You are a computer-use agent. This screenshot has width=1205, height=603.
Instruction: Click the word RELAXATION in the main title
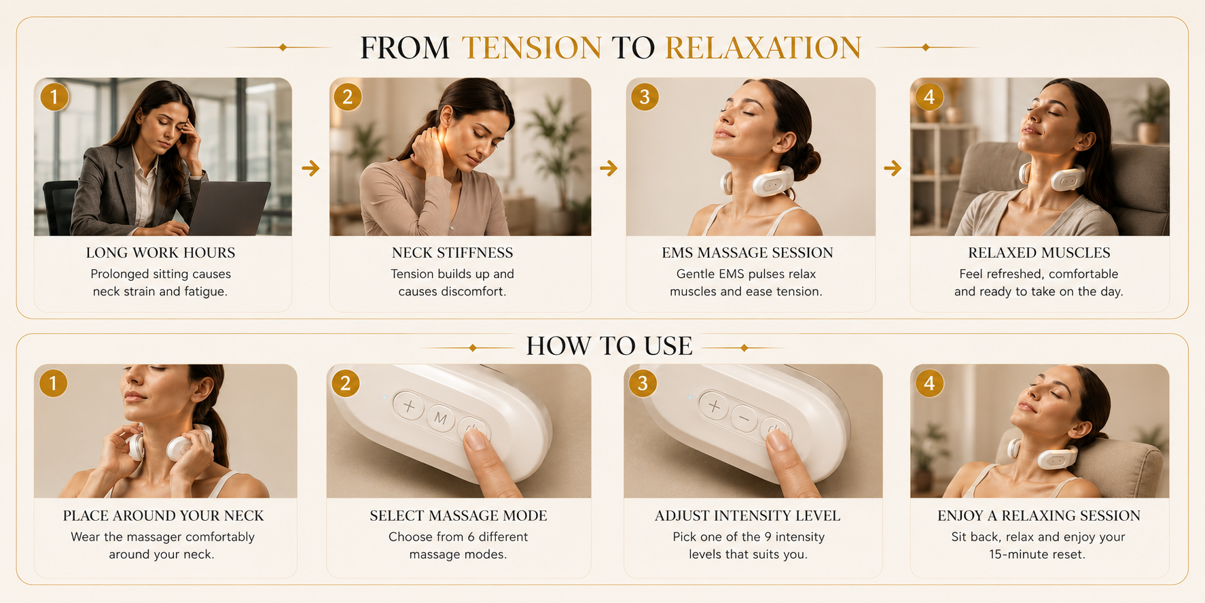click(763, 48)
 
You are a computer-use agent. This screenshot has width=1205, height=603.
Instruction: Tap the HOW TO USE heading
click(609, 346)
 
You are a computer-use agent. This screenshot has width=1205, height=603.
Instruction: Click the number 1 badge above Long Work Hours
click(54, 97)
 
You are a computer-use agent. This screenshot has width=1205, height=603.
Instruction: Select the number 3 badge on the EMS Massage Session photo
click(645, 97)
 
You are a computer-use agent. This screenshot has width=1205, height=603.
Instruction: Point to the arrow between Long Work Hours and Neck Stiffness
click(310, 168)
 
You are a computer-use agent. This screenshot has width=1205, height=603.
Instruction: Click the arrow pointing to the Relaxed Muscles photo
click(893, 168)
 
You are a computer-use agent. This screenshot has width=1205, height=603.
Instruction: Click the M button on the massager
click(441, 418)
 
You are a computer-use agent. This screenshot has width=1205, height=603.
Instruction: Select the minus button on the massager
click(744, 418)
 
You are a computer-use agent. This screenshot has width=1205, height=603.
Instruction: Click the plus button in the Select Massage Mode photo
click(409, 407)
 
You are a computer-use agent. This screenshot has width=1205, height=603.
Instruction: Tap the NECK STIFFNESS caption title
click(452, 253)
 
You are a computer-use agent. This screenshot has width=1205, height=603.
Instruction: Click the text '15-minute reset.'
click(1037, 554)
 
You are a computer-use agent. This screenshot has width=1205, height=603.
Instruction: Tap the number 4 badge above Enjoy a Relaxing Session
click(929, 383)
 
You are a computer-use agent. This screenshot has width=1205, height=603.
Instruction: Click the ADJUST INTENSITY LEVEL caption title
click(747, 516)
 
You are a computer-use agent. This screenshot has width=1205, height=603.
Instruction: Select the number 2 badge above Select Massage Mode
click(346, 383)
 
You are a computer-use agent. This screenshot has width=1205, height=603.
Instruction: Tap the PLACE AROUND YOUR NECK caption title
click(164, 516)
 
